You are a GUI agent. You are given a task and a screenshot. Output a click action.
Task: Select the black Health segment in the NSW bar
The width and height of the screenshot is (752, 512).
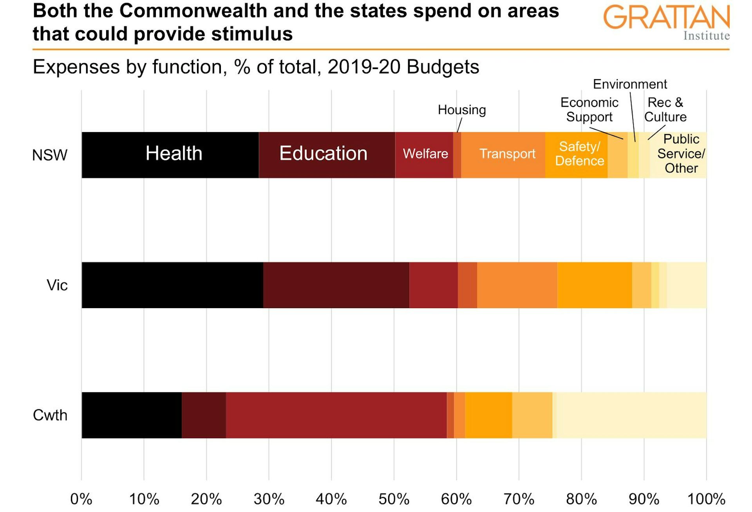coord(170,154)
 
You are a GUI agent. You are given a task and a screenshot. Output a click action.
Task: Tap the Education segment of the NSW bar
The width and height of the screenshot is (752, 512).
coord(327,154)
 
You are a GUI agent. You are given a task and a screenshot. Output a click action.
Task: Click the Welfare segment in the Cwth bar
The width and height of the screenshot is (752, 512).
coord(336,415)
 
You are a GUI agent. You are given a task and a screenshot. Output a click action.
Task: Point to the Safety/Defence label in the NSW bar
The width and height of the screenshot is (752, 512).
coord(579,154)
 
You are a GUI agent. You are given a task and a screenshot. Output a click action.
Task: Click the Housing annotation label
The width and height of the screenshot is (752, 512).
coord(462,110)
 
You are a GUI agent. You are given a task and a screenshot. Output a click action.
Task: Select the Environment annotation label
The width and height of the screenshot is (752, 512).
coord(629,84)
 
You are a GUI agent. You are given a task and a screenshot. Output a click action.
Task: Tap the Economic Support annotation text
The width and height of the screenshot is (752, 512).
coord(589,110)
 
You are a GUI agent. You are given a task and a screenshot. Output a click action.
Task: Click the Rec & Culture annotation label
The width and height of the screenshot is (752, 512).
coord(665,110)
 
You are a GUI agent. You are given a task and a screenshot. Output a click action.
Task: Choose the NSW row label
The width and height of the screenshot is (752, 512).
coord(49,155)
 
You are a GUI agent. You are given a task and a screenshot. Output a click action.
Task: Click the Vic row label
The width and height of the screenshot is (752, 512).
coord(57,285)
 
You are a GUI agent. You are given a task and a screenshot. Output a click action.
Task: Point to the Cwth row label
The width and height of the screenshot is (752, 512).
coord(50,415)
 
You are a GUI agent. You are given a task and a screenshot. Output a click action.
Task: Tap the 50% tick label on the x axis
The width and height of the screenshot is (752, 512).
coord(394,499)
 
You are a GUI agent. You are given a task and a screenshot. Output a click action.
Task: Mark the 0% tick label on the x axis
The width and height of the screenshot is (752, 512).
coord(81,499)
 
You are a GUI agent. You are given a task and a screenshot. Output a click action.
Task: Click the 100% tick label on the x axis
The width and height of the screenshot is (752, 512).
coord(706,499)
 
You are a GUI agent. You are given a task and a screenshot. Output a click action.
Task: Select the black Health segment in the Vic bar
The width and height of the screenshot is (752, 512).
coord(172,285)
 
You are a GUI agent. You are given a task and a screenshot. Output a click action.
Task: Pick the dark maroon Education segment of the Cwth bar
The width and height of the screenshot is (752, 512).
coord(204,415)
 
